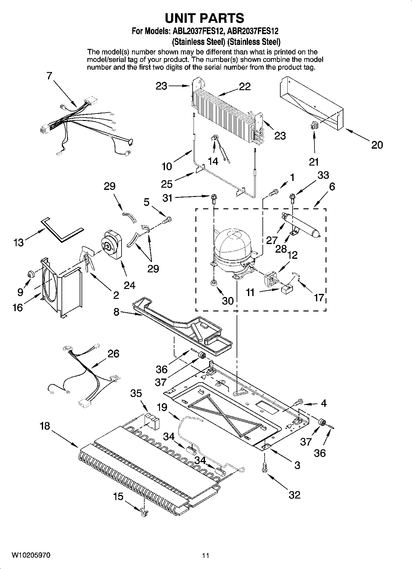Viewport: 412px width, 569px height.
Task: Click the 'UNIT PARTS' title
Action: point(205,18)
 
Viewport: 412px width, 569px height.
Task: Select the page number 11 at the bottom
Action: point(206,556)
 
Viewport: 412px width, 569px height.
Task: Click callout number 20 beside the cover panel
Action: point(377,145)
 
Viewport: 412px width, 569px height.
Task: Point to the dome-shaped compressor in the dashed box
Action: point(233,246)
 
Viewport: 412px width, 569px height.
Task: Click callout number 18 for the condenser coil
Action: point(45,426)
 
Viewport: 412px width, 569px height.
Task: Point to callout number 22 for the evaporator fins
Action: point(245,86)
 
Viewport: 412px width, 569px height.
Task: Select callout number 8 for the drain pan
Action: point(116,312)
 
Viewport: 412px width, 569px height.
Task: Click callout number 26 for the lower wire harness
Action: point(113,354)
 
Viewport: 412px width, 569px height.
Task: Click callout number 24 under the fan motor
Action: point(129,285)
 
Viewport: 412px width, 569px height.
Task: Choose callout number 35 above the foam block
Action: point(136,393)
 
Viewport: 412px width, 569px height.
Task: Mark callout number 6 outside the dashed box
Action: point(332,186)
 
